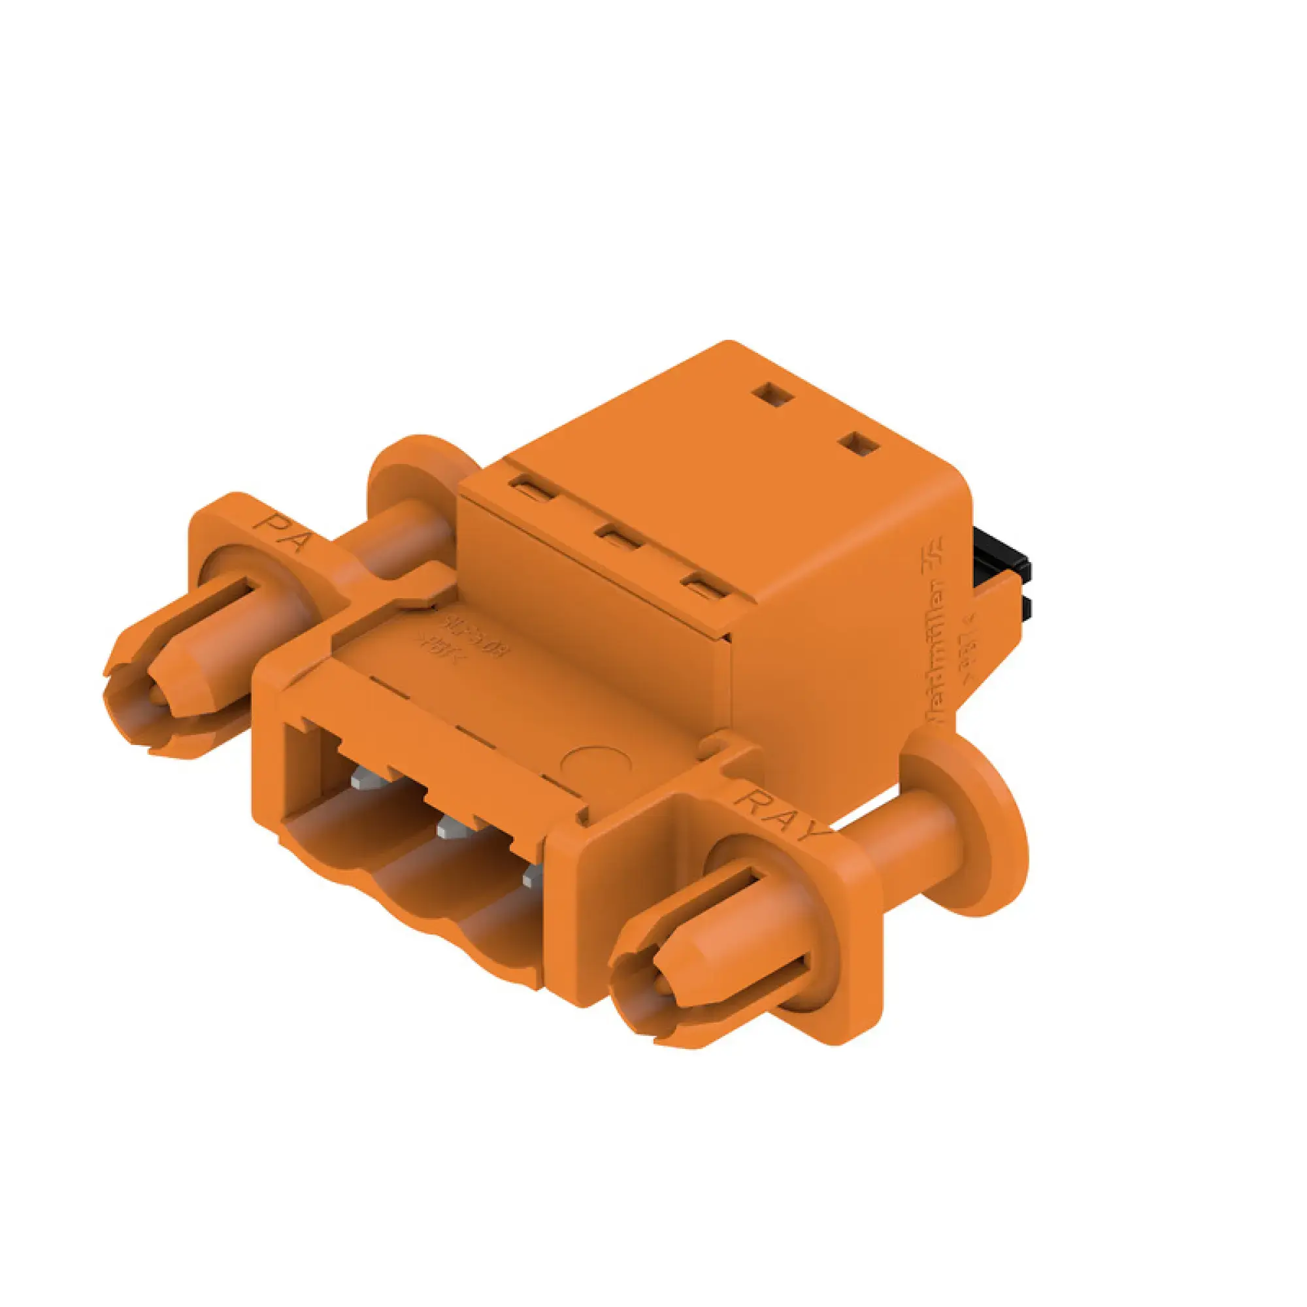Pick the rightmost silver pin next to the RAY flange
(x=532, y=877)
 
